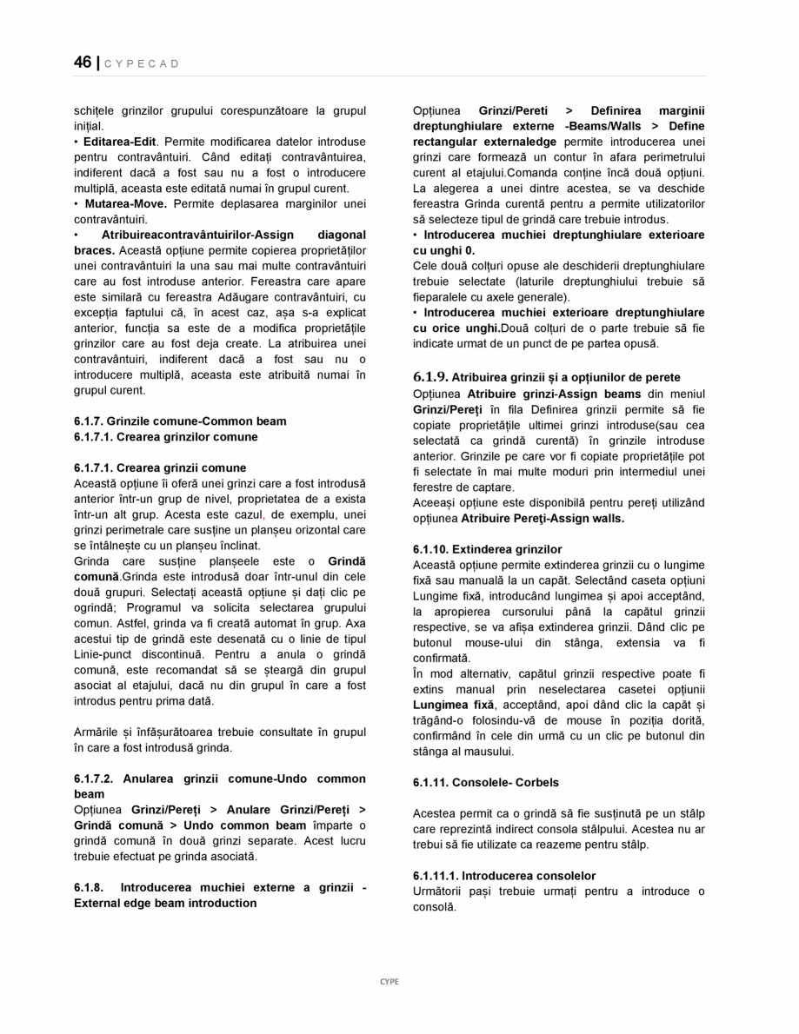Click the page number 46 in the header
click(x=83, y=63)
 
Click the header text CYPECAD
click(x=143, y=64)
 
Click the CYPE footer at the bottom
click(x=390, y=981)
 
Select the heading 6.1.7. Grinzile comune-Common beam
click(x=180, y=421)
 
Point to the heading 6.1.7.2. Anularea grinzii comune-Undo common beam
click(x=219, y=779)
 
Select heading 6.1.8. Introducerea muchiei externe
click(x=219, y=888)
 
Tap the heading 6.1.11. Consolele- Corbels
click(x=486, y=783)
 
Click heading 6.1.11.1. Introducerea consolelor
click(x=504, y=876)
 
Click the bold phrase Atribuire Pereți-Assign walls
click(x=543, y=519)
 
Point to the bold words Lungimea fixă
click(x=453, y=705)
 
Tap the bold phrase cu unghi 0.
click(x=443, y=251)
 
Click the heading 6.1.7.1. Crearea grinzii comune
click(x=160, y=468)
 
